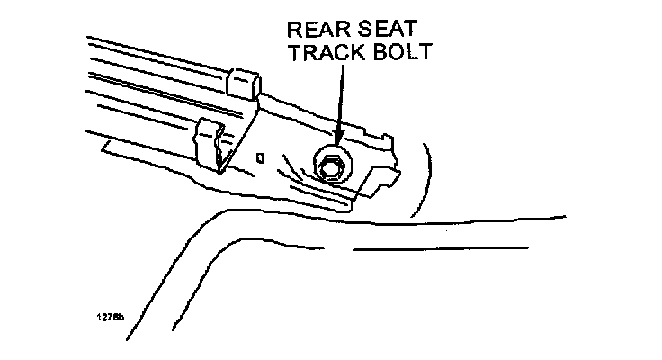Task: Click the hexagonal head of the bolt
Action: (330, 166)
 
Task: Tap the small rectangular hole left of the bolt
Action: (259, 157)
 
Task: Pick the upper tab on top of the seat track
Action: (244, 83)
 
